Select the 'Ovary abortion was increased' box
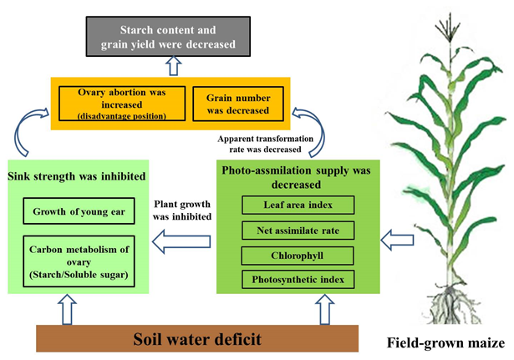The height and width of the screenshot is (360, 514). tap(121, 103)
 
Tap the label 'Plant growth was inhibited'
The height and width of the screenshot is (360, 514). tap(182, 210)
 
